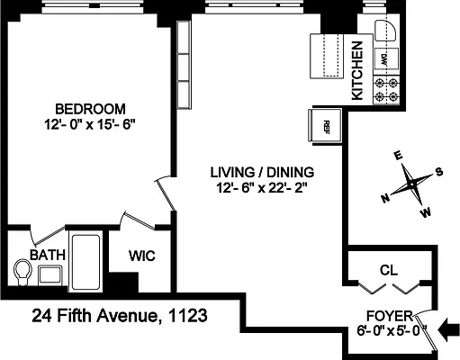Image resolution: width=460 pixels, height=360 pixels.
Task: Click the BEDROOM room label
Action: click(x=87, y=105)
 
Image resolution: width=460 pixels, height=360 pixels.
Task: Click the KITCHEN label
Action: click(x=356, y=70)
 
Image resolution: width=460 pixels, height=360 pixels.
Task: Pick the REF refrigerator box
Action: click(x=327, y=124)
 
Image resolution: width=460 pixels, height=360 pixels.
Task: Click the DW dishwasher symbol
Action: click(x=383, y=60)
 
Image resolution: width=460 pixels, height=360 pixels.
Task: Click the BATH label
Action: click(x=47, y=256)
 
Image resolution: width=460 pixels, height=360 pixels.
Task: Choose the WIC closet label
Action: click(x=142, y=256)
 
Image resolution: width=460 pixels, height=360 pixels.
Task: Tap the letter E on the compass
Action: click(x=398, y=154)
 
